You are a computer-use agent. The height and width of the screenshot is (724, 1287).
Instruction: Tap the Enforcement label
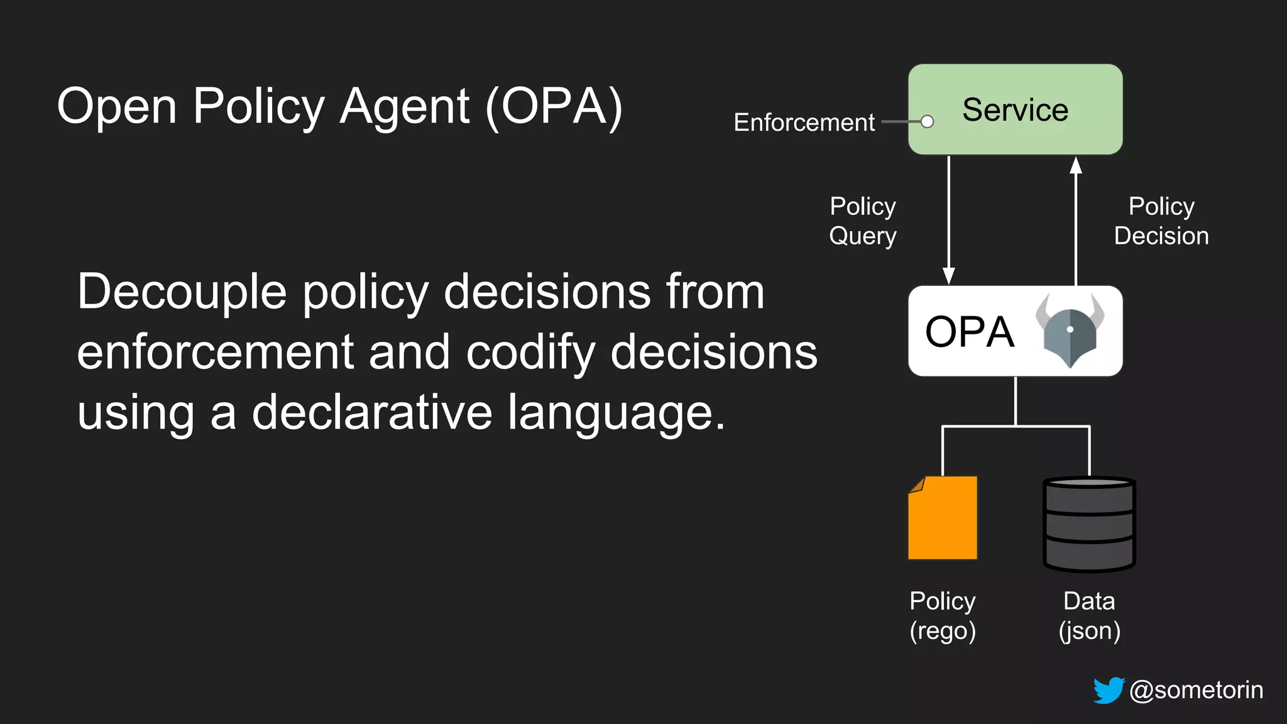pos(804,123)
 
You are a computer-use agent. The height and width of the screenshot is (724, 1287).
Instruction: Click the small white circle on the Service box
pos(927,122)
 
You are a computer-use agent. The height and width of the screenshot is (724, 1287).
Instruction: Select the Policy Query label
pos(863,221)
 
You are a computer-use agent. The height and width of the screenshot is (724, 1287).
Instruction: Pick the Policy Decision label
pos(1161,221)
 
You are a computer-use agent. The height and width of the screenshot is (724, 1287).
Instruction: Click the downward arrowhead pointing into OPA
pos(949,275)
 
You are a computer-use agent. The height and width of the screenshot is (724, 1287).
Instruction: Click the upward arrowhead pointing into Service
pos(1076,165)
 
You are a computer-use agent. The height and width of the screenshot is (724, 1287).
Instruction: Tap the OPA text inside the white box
pos(970,332)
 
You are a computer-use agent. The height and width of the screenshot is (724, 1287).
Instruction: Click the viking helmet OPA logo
pos(1070,331)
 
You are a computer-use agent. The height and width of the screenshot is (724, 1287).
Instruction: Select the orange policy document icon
pos(943,518)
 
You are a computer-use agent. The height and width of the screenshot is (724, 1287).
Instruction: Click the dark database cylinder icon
pos(1089,525)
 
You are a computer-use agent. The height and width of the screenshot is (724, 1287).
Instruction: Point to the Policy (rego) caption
pos(943,616)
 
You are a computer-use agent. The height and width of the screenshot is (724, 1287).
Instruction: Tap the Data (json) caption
pos(1089,616)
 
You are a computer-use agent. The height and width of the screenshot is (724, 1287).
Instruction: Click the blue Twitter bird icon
pos(1109,690)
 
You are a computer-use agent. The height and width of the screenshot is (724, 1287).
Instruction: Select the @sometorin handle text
pos(1196,690)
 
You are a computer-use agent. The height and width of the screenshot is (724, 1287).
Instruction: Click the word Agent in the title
pos(404,107)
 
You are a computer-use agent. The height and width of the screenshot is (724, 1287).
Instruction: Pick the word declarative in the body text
pos(372,413)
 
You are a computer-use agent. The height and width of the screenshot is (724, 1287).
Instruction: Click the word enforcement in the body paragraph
pos(215,353)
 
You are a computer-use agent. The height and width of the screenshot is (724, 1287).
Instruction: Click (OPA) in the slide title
pos(554,107)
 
